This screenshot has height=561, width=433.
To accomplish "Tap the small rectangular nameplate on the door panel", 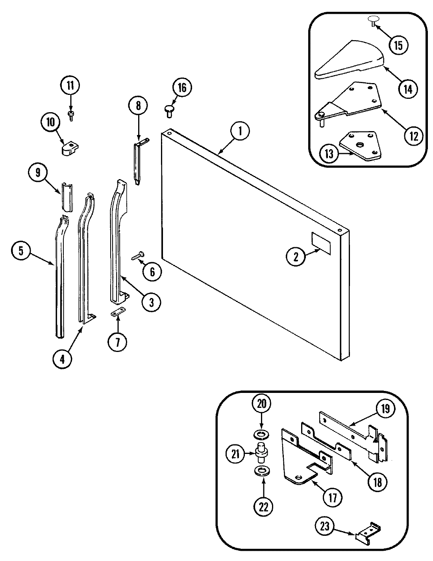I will (x=318, y=241).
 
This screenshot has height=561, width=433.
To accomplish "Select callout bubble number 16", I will (x=181, y=88).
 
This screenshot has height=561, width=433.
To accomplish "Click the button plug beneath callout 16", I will (x=169, y=110).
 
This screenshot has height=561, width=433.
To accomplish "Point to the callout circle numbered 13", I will (x=329, y=154).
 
